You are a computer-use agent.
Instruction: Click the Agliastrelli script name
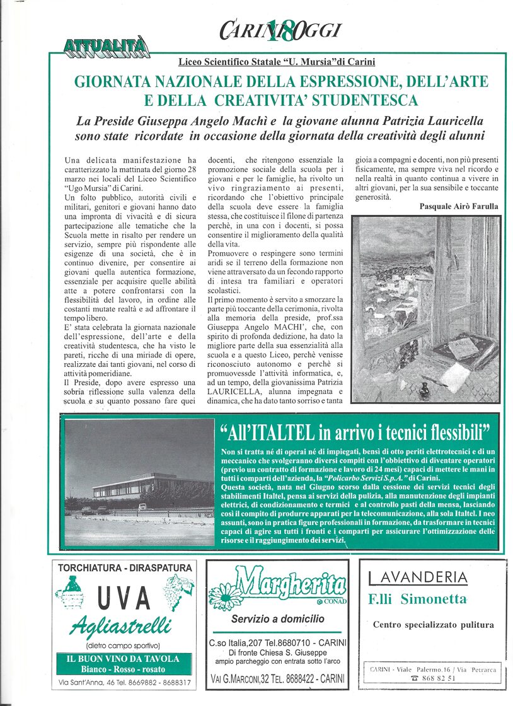coord(120,626)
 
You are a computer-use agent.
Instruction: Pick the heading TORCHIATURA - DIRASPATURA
coord(124,568)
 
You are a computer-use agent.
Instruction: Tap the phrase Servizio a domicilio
coord(277,619)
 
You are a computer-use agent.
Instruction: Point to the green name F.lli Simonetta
coord(417,599)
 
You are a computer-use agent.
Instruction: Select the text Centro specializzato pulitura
coord(434,625)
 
